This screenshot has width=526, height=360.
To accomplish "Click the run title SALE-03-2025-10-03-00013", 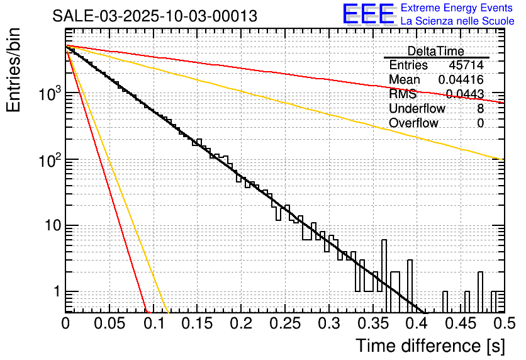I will pyautogui.click(x=154, y=16).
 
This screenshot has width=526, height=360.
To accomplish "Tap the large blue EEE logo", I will pyautogui.click(x=369, y=15).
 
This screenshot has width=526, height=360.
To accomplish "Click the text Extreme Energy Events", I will pyautogui.click(x=457, y=8).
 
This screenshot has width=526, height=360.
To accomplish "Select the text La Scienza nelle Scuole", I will pyautogui.click(x=457, y=21).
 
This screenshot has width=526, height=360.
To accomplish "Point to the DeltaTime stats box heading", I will pyautogui.click(x=436, y=51).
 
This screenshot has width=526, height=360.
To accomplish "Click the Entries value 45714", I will pyautogui.click(x=466, y=65).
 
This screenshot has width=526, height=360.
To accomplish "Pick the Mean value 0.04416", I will pyautogui.click(x=461, y=80).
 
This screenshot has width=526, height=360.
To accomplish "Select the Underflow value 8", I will pyautogui.click(x=481, y=109).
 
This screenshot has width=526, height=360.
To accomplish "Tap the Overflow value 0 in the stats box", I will pyautogui.click(x=481, y=123).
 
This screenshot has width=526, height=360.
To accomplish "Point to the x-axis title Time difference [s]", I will pyautogui.click(x=430, y=346).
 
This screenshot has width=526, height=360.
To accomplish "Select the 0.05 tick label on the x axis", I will pyautogui.click(x=109, y=324).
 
